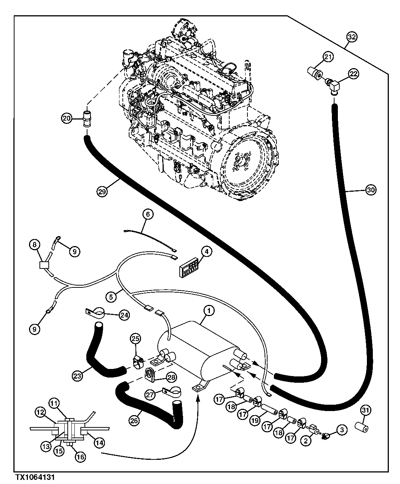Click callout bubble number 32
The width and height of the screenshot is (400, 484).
pos(352,37)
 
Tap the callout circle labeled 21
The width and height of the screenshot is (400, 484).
pos(328,57)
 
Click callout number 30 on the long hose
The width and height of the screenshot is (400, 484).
pos(371,190)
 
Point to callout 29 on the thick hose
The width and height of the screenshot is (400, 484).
pos(102,192)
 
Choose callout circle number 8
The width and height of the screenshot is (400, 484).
pos(35,245)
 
